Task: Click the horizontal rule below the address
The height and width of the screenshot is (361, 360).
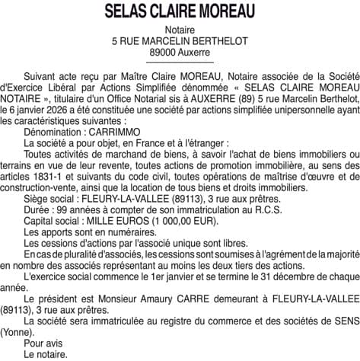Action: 180,61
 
